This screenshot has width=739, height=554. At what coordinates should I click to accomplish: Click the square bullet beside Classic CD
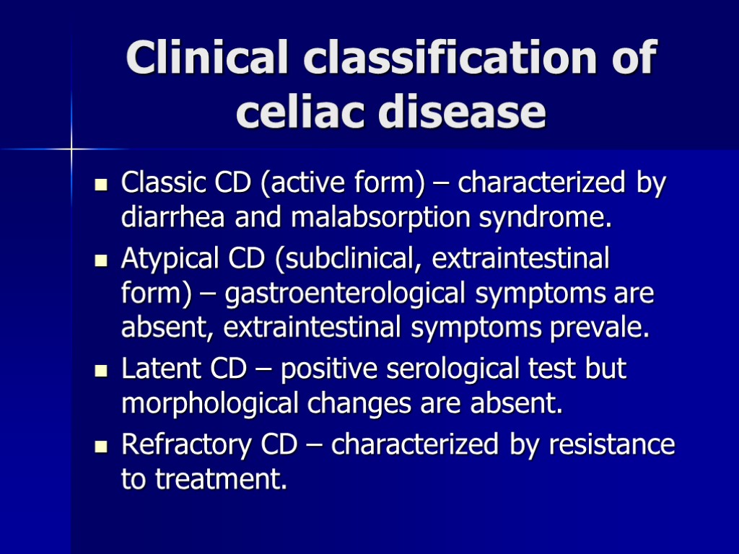101,185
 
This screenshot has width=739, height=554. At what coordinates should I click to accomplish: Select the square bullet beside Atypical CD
101,259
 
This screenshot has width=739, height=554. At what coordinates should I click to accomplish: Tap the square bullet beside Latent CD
101,371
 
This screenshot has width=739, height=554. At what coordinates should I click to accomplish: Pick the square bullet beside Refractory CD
101,446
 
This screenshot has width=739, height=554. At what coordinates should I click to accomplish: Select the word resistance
612,444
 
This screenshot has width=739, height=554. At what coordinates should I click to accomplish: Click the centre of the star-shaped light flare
72,149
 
